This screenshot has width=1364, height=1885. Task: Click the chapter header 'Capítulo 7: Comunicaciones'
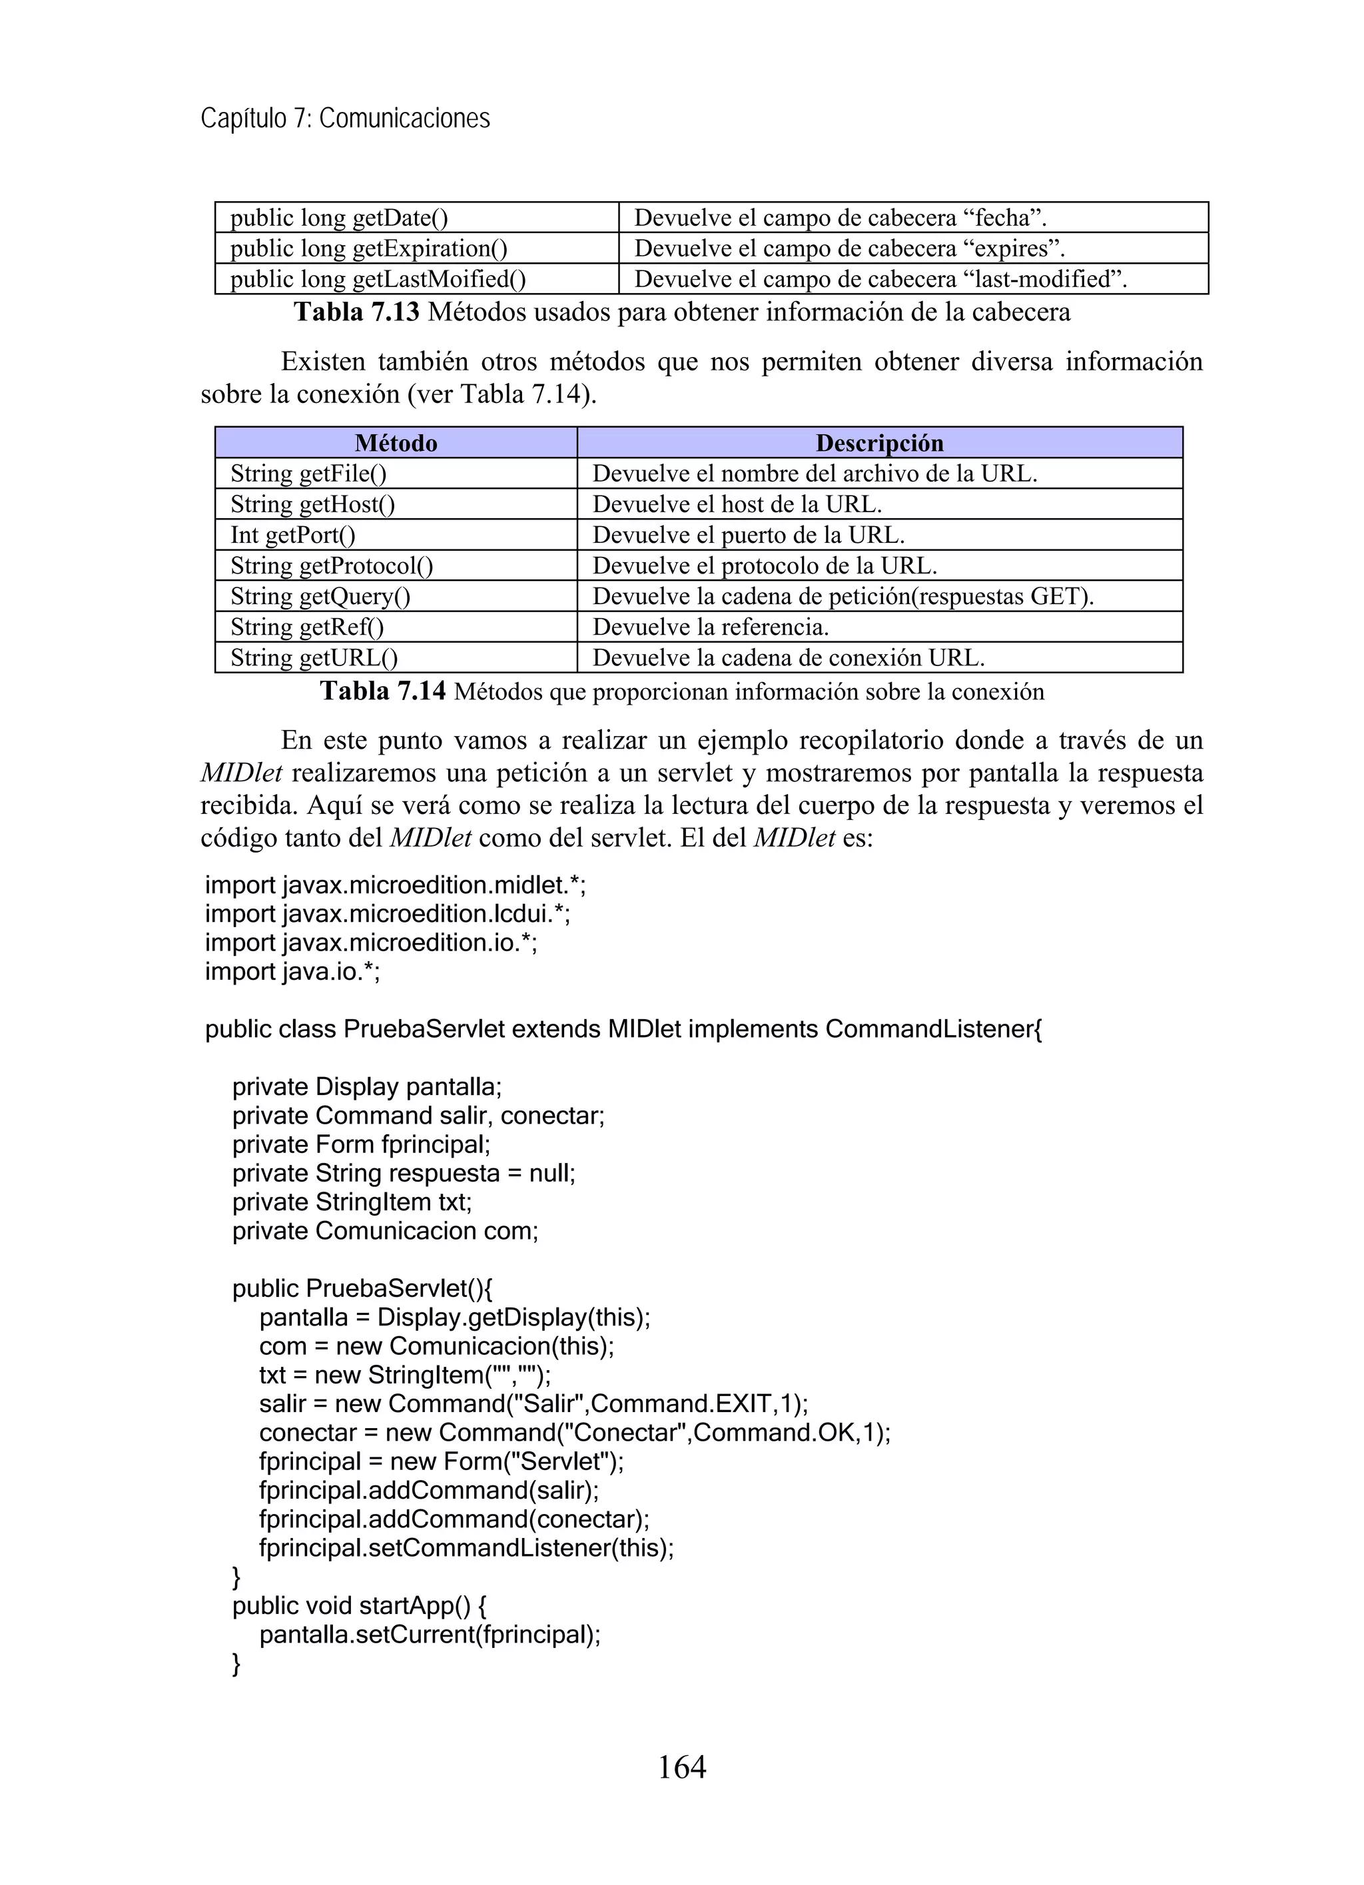tap(345, 119)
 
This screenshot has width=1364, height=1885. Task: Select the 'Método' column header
tap(396, 443)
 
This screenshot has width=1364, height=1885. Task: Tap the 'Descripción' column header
tap(879, 443)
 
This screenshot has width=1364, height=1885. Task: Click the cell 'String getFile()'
tap(308, 474)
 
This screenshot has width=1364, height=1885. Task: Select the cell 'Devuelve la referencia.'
tap(711, 627)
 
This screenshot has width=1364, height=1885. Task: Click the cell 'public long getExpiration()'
tap(368, 248)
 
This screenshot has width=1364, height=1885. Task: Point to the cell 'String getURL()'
tap(314, 658)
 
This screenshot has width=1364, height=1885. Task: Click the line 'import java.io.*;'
tap(292, 970)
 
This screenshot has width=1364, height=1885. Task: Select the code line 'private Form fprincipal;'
tap(362, 1144)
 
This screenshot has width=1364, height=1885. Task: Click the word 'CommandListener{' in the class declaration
tap(934, 1029)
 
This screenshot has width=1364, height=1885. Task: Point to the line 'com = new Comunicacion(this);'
tap(436, 1345)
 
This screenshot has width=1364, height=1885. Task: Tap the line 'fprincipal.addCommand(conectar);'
tap(454, 1519)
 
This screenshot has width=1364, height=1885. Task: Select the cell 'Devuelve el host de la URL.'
tap(737, 504)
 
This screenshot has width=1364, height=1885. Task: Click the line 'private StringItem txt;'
tap(352, 1202)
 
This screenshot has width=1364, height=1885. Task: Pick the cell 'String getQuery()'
tap(320, 597)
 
